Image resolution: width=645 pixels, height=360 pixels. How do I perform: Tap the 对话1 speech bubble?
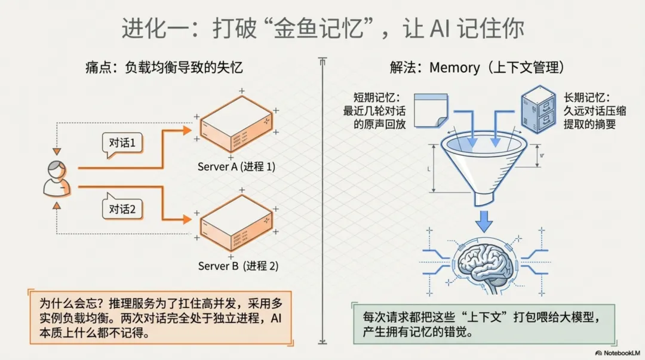point(122,143)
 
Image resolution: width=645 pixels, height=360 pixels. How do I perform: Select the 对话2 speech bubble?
point(122,209)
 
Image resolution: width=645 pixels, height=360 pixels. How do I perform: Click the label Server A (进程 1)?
point(236,167)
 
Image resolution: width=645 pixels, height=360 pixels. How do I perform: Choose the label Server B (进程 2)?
point(238,266)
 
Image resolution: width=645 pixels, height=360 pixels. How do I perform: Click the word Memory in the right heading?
point(454,67)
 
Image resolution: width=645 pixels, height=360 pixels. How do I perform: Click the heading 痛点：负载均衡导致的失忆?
point(164,67)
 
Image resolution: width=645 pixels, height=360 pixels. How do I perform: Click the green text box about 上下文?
point(475,323)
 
